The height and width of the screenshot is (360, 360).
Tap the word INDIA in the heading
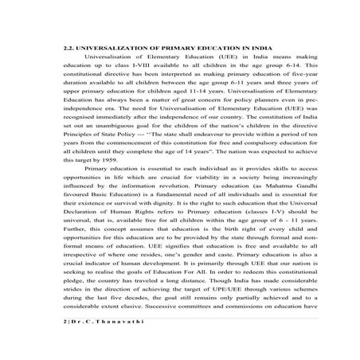[x=254, y=69]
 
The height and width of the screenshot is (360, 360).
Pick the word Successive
[x=177, y=349]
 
